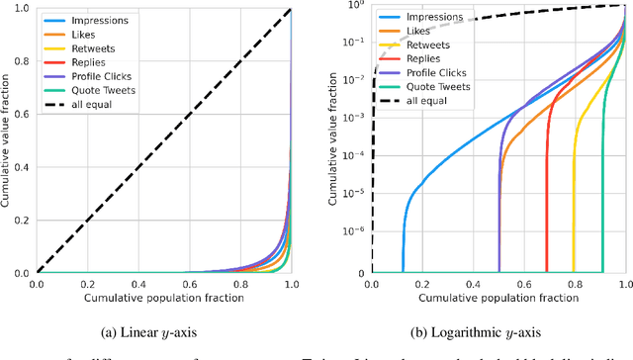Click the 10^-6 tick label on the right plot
click(x=354, y=228)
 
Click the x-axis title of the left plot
click(x=164, y=299)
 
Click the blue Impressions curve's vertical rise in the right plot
click(x=403, y=247)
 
